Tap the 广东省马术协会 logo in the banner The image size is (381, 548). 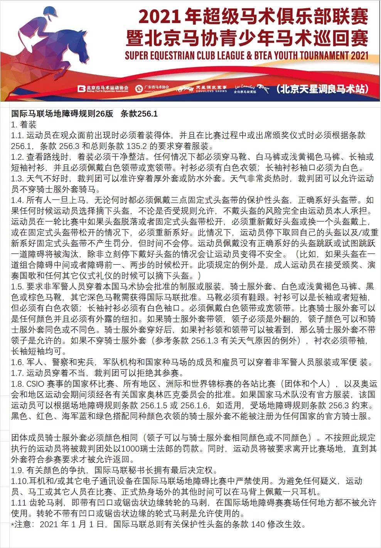point(152,89)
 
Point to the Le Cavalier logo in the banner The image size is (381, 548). point(245,89)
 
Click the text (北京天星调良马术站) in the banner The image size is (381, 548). point(322,89)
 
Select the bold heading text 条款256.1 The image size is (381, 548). point(139,114)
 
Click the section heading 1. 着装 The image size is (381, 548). point(24,125)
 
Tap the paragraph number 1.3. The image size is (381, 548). point(17,179)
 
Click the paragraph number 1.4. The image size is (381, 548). point(17,200)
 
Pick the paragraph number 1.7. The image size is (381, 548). point(17,373)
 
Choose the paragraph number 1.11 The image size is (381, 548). point(19,503)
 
